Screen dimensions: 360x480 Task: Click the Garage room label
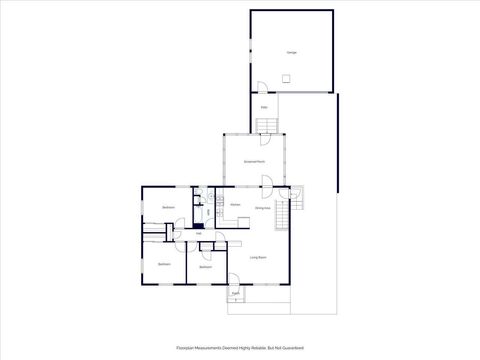pyautogui.click(x=292, y=52)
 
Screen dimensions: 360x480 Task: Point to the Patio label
pyautogui.click(x=263, y=107)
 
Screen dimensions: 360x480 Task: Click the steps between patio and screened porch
pyautogui.click(x=266, y=125)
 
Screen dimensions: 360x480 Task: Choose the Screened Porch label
pyautogui.click(x=254, y=161)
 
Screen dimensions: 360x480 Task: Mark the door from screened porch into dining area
pyautogui.click(x=267, y=181)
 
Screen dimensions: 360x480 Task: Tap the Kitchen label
pyautogui.click(x=235, y=206)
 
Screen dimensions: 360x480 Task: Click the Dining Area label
pyautogui.click(x=262, y=208)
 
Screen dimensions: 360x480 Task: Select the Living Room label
pyautogui.click(x=257, y=257)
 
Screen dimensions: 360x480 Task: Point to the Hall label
pyautogui.click(x=185, y=234)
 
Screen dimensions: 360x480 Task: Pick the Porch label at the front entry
pyautogui.click(x=235, y=294)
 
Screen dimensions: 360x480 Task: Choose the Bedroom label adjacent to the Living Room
pyautogui.click(x=205, y=267)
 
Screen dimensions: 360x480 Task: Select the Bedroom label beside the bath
pyautogui.click(x=168, y=207)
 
